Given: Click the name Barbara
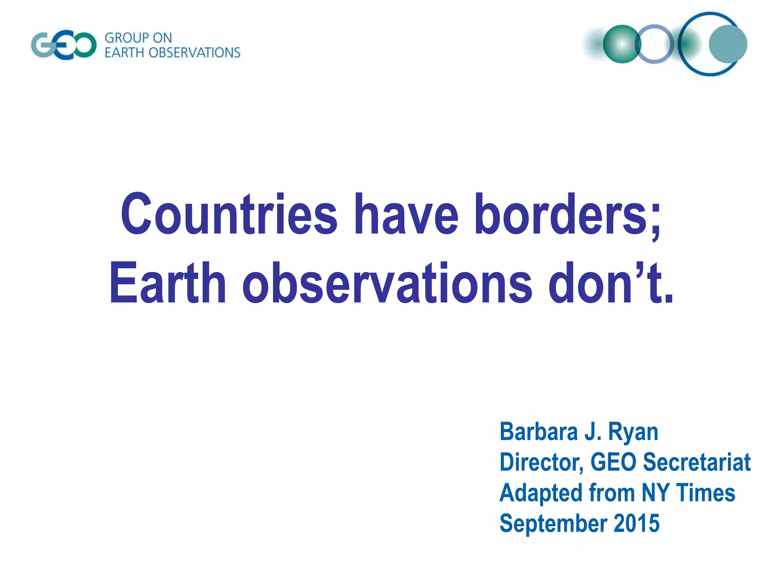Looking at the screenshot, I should pos(539,432).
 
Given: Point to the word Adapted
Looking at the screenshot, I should pos(541,493).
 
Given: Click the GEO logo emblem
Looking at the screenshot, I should pos(64,45).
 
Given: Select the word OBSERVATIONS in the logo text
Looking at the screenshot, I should pos(194,53).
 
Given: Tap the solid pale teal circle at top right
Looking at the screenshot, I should pos(728,44).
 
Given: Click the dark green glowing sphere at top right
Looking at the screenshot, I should pos(622,44).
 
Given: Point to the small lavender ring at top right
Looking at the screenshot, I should pos(654,44).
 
